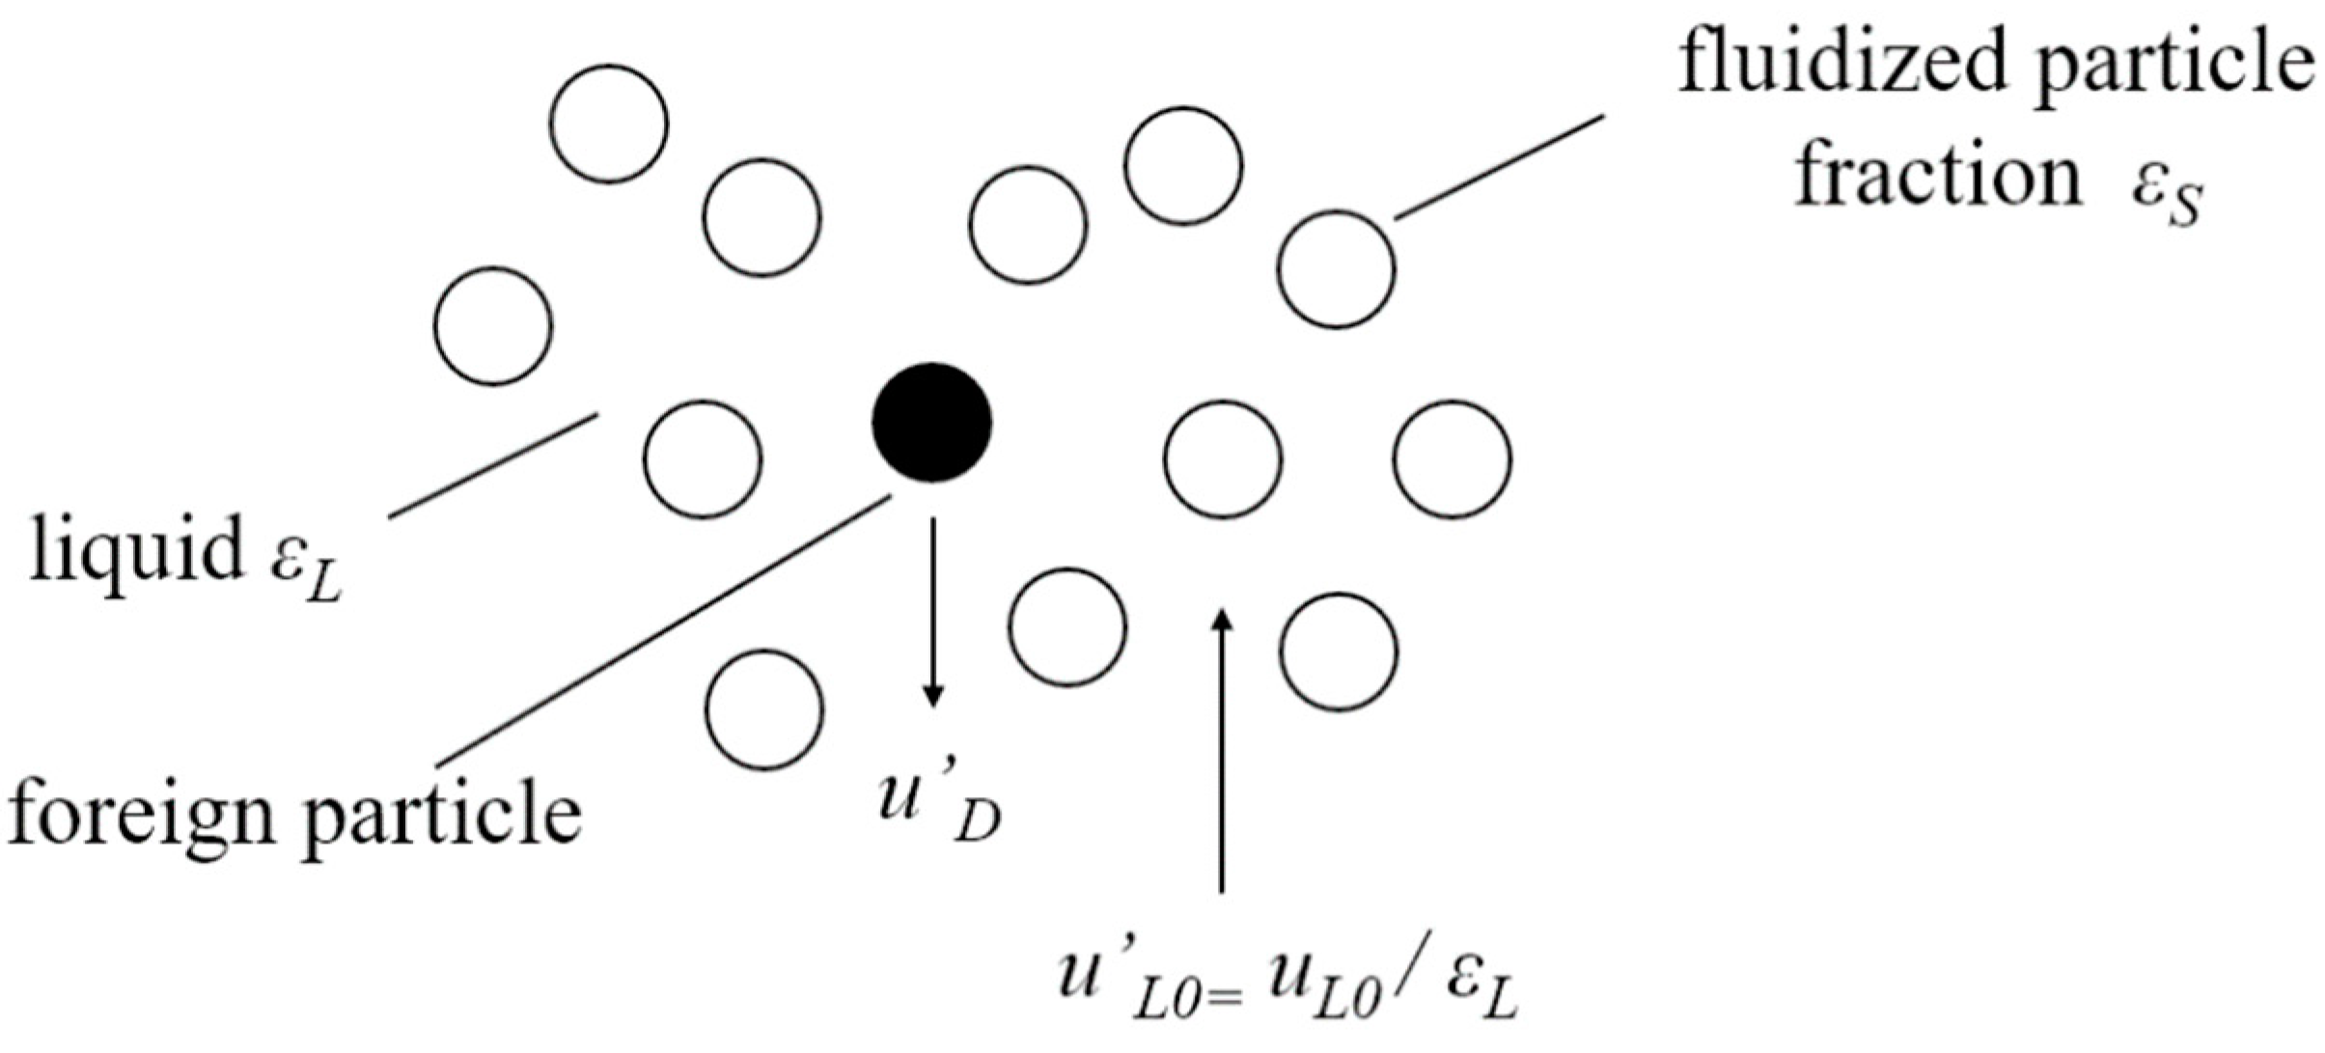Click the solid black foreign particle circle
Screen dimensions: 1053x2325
tap(931, 422)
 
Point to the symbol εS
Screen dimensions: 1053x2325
tap(2168, 193)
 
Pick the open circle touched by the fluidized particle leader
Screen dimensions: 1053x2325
tap(1337, 268)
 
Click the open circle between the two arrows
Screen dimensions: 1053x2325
tap(1066, 626)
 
